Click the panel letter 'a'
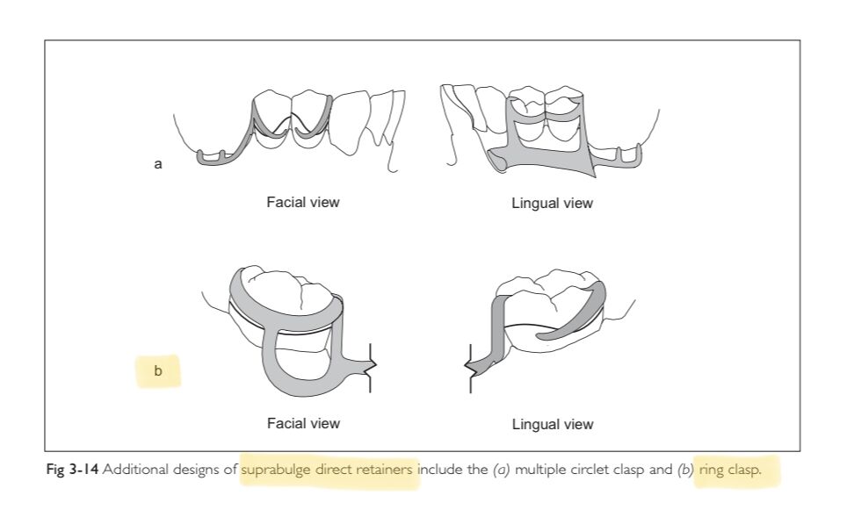tap(158, 164)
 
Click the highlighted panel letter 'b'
tap(158, 371)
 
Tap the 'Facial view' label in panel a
tap(303, 203)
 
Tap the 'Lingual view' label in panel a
tap(552, 204)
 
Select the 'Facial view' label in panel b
tap(303, 424)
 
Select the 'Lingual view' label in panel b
tap(552, 425)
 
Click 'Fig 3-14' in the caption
tap(72, 470)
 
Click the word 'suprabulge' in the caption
tap(276, 470)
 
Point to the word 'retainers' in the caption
tap(384, 470)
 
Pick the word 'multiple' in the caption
tap(537, 470)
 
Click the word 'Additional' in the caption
tap(132, 470)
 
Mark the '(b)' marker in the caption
tap(684, 470)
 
